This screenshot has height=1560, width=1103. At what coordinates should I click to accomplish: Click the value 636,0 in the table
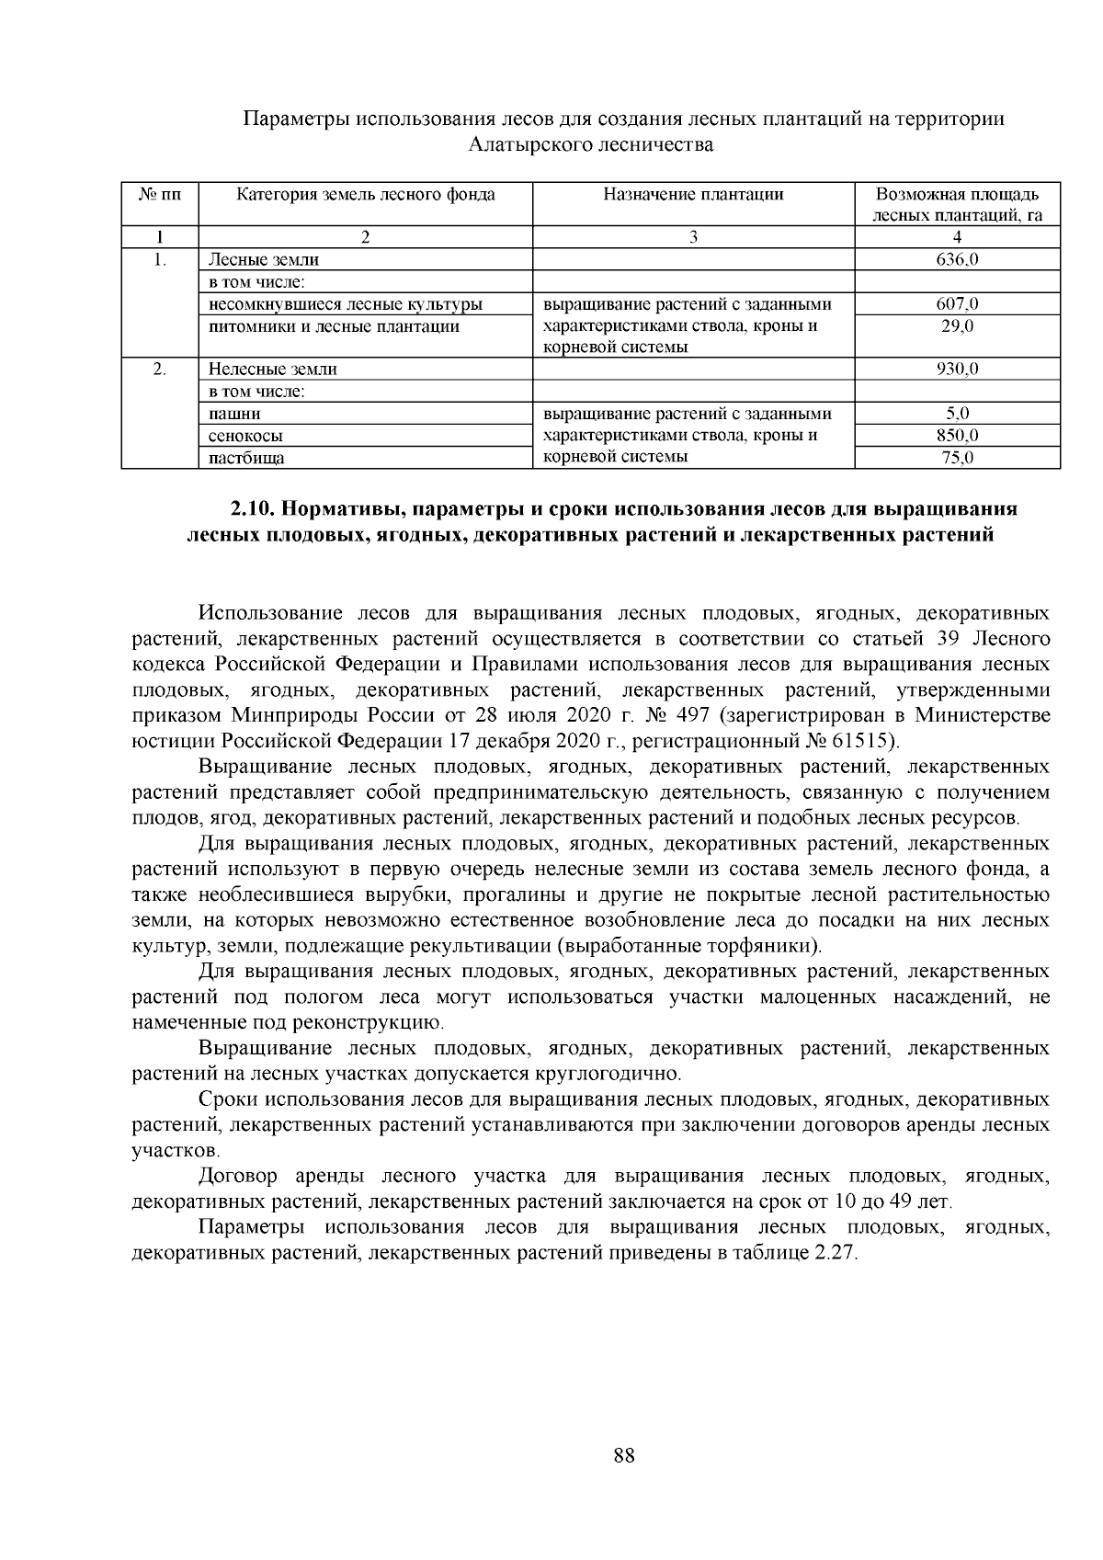pyautogui.click(x=957, y=260)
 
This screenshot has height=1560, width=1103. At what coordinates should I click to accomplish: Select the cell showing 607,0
pyautogui.click(x=957, y=304)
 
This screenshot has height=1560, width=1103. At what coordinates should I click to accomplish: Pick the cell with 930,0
pyautogui.click(x=957, y=370)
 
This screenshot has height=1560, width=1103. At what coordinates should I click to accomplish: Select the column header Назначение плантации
pyautogui.click(x=693, y=194)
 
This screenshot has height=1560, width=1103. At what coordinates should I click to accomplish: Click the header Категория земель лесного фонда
pyautogui.click(x=366, y=194)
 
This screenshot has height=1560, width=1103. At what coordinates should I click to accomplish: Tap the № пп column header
pyautogui.click(x=160, y=194)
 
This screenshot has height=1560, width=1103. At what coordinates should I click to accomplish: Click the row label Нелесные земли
pyautogui.click(x=272, y=370)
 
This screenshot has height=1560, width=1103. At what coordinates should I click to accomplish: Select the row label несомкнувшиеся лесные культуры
pyautogui.click(x=346, y=304)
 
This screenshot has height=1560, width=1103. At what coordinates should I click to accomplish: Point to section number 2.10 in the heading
pyautogui.click(x=250, y=509)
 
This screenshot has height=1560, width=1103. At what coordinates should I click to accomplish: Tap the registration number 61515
pyautogui.click(x=862, y=741)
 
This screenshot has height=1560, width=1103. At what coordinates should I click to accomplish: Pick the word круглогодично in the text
pyautogui.click(x=599, y=1074)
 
